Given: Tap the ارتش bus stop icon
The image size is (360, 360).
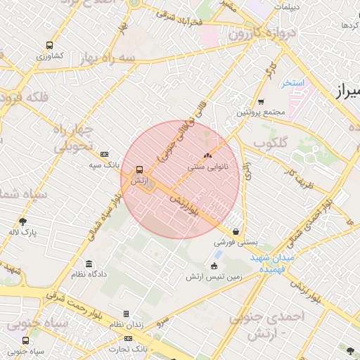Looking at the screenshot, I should point(139,170).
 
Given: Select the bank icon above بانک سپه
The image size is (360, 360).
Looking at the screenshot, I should point(105,154).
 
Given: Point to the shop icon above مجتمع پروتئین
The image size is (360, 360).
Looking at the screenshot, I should point(261,101).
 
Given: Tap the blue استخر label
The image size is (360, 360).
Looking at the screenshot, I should point(293,83).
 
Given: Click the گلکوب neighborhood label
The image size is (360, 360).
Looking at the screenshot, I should point(271,143).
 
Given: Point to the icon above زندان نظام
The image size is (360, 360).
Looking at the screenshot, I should point(126,314).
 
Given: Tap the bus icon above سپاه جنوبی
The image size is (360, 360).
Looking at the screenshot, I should point(26,340).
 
